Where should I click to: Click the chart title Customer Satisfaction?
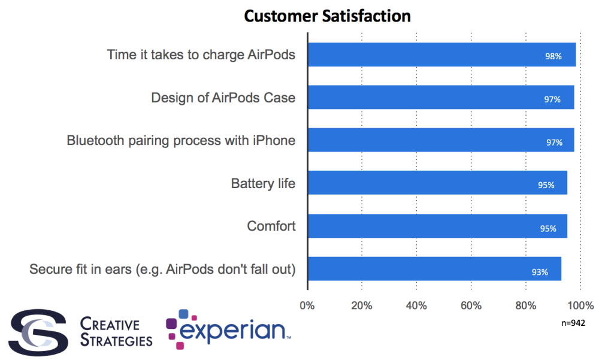point(327,16)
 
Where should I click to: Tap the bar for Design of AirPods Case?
point(440,97)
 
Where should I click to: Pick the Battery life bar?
point(437,183)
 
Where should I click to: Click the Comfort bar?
point(437,226)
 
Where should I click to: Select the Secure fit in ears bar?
point(434,269)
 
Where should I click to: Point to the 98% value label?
point(553,56)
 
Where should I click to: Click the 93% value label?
point(540,272)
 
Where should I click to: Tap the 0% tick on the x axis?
point(307,306)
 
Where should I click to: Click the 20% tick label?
point(361,306)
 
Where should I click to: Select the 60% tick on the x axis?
point(471,306)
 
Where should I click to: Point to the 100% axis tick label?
point(581,306)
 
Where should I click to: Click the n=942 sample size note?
point(573,323)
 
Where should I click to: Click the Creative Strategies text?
point(116,332)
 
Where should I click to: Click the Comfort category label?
point(271,226)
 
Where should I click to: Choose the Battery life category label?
point(263,183)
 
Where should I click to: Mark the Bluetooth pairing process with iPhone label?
point(181,140)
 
